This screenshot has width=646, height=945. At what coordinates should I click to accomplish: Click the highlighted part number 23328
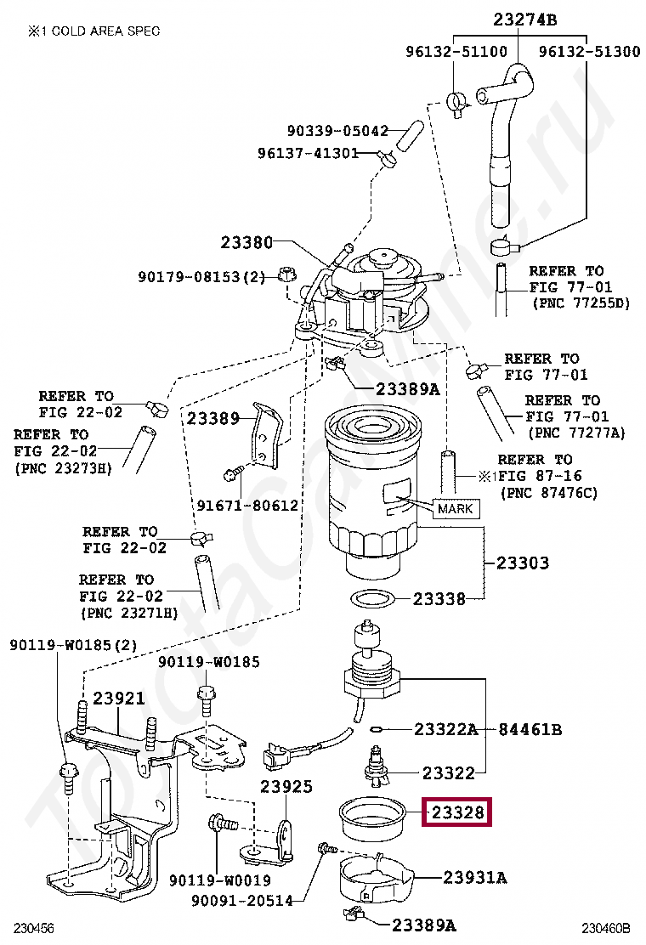[458, 813]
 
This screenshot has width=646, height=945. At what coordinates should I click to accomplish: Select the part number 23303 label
[522, 563]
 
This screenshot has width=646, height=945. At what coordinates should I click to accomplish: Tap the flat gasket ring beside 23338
[376, 598]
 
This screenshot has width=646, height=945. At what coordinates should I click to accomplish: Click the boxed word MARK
[456, 509]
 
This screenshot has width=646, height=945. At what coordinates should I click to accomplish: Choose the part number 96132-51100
[456, 51]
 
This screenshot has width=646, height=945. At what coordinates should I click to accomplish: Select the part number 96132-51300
[589, 51]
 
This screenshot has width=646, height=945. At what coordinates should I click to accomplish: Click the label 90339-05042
[337, 131]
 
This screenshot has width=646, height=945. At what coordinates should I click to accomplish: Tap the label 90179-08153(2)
[202, 276]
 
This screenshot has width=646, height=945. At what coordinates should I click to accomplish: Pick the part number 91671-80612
[247, 505]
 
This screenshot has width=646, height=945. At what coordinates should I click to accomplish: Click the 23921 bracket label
[119, 699]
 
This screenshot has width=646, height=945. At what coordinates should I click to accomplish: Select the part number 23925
[286, 786]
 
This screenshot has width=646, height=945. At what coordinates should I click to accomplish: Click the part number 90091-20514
[241, 901]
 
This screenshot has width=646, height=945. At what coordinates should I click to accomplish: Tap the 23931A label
[474, 877]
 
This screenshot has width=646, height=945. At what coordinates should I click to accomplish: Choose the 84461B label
[530, 729]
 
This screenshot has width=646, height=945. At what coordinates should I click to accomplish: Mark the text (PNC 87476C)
[548, 493]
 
